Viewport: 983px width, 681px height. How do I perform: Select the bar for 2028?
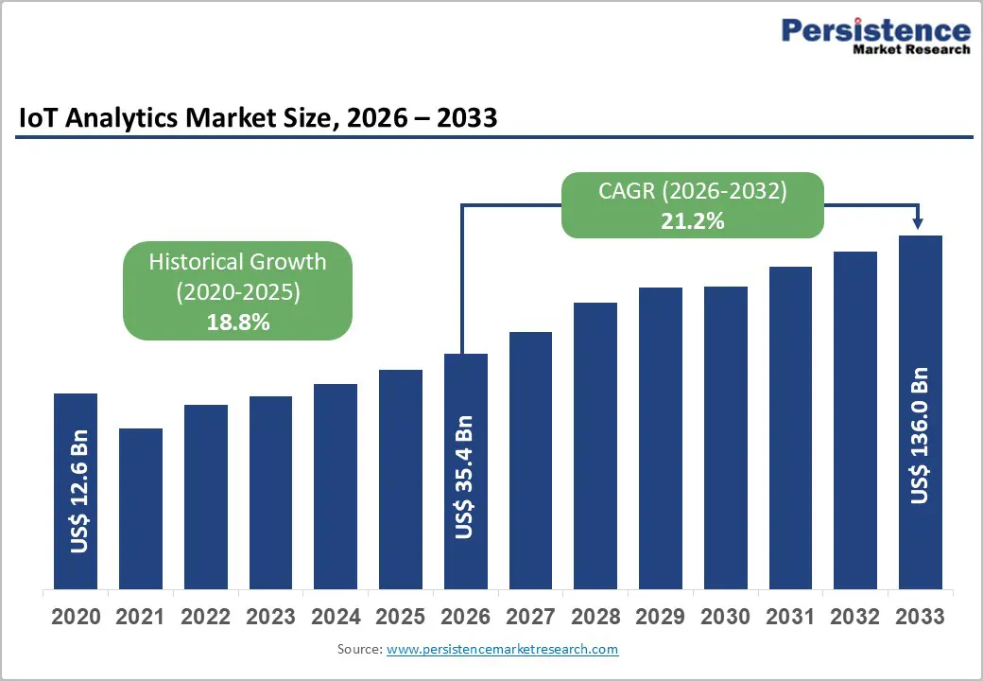(595, 445)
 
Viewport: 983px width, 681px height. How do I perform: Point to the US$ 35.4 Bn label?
(464, 478)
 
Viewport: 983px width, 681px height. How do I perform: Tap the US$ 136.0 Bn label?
(920, 435)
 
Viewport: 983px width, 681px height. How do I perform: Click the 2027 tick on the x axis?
(530, 618)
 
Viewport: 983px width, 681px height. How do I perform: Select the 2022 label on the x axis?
(206, 618)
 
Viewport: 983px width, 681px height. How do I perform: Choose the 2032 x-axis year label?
(854, 618)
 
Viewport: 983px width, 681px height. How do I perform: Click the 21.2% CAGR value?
(692, 222)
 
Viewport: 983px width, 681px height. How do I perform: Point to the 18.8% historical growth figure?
(238, 323)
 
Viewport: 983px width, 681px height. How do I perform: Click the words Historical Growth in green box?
(237, 262)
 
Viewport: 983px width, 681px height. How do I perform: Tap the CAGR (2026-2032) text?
(692, 192)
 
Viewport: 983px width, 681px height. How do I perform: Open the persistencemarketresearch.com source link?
(502, 649)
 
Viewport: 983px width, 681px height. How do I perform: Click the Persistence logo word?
(875, 30)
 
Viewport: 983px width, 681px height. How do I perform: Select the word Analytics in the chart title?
(120, 118)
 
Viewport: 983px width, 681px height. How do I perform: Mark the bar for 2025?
(401, 478)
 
